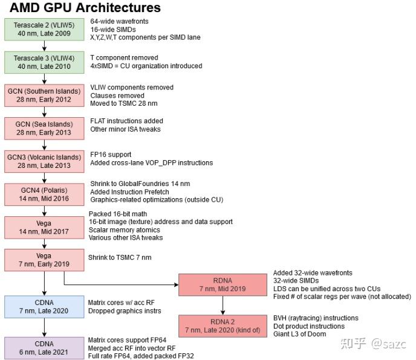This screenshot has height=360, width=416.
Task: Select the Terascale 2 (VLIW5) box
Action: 44,29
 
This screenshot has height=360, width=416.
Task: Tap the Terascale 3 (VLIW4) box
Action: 44,62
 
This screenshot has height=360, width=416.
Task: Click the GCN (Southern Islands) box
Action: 44,95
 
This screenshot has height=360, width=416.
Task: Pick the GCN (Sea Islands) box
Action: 44,128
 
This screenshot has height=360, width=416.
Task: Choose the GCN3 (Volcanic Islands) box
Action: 44,161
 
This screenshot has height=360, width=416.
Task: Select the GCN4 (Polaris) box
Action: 44,194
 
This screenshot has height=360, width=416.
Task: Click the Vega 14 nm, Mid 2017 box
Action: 44,227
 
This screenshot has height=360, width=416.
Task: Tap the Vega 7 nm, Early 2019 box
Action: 44,260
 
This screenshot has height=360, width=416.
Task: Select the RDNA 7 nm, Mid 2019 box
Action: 222,284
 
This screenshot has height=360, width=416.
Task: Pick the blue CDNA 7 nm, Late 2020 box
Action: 44,306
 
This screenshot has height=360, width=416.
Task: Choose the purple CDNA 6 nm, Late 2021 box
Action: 44,348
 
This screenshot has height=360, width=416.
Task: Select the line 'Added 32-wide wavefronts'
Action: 313,273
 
